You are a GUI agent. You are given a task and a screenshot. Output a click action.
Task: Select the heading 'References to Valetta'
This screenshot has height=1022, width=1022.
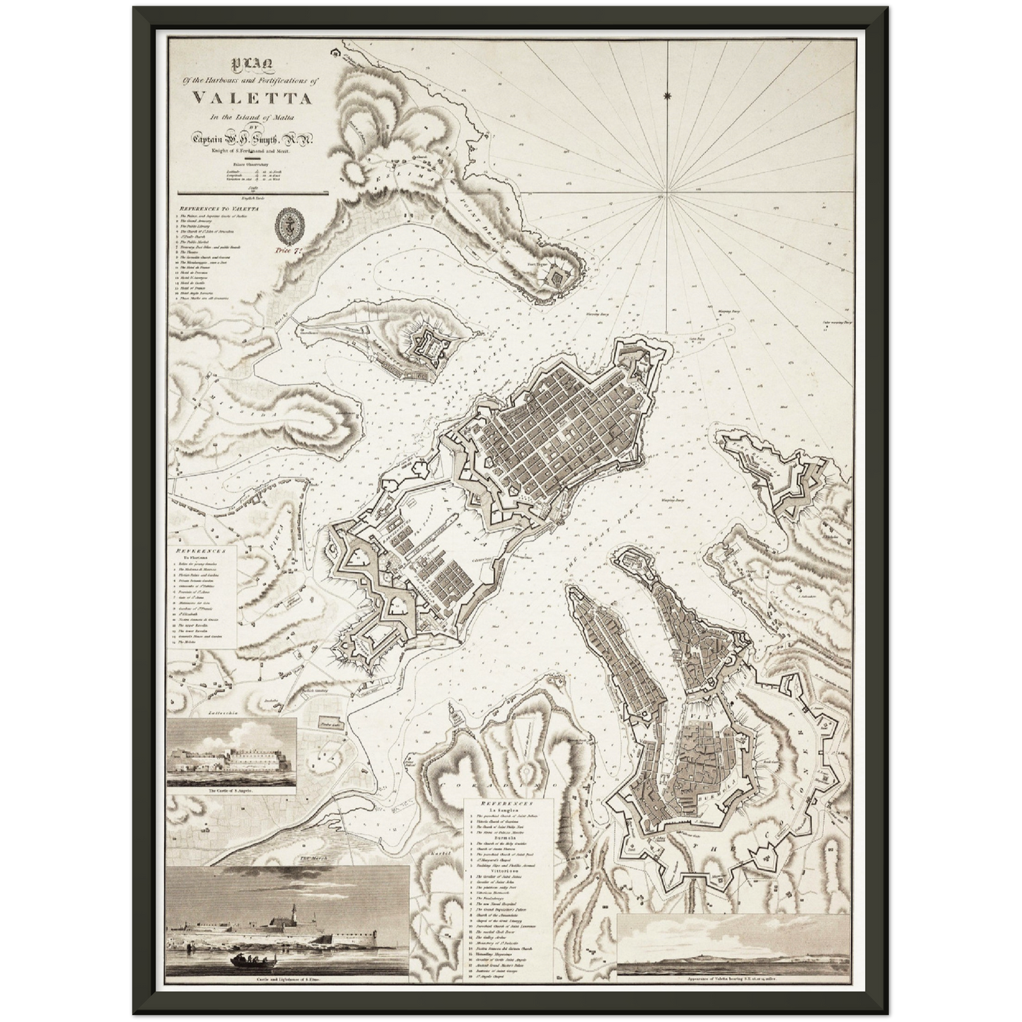coord(220,209)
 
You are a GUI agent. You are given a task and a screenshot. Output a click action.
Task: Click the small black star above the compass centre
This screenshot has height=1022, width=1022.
coord(668,95)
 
